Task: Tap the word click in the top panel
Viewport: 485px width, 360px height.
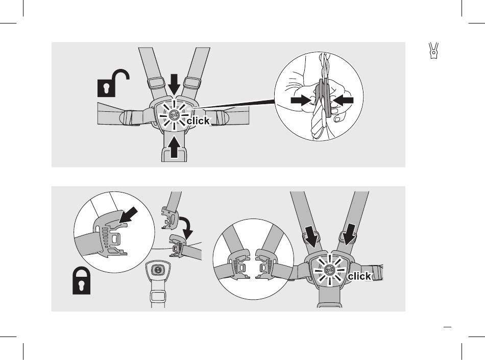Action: pos(198,122)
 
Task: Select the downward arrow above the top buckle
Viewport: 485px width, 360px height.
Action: pos(174,83)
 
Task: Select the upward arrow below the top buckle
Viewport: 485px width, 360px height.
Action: pos(174,147)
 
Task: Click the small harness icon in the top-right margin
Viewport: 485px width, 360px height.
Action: pos(434,51)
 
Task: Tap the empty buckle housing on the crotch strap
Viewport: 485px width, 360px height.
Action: pos(158,270)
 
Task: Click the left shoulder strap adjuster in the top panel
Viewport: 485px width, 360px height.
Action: pos(153,82)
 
